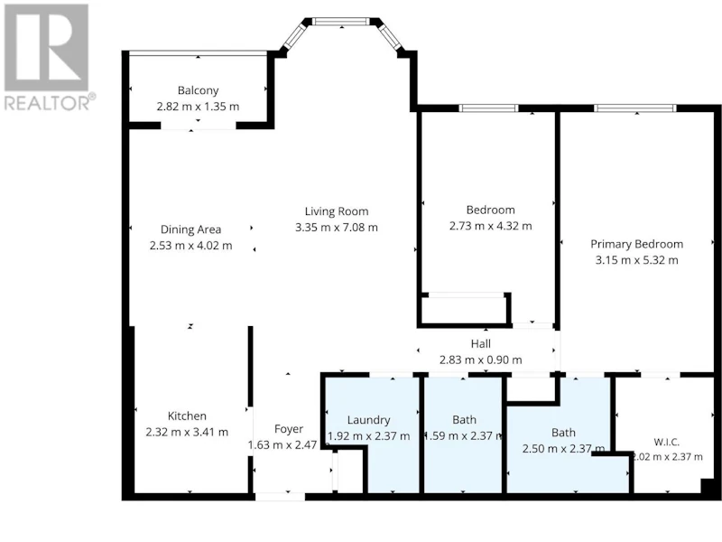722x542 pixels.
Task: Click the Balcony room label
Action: [198, 90]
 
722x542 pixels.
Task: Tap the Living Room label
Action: [337, 211]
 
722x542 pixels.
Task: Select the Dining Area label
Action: [190, 229]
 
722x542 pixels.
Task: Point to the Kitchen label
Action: [187, 416]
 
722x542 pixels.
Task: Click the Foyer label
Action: [289, 429]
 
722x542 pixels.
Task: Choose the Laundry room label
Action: [368, 420]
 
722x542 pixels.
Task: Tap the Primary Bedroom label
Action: [637, 244]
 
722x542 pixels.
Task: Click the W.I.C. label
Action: [666, 443]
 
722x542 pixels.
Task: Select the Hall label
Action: [481, 344]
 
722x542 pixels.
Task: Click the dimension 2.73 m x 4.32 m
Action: [490, 227]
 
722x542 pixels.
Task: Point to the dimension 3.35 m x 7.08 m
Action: [337, 228]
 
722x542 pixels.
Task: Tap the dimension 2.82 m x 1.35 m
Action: [198, 107]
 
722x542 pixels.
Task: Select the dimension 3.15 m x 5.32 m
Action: [637, 260]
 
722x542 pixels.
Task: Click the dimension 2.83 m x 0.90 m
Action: [481, 360]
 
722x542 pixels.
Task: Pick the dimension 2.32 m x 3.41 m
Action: [187, 433]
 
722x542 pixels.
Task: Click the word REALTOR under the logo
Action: [47, 103]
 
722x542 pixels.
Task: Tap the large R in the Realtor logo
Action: [47, 48]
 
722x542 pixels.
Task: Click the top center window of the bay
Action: [341, 21]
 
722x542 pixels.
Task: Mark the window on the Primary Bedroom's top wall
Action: [635, 108]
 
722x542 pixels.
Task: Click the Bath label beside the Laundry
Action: [464, 420]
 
